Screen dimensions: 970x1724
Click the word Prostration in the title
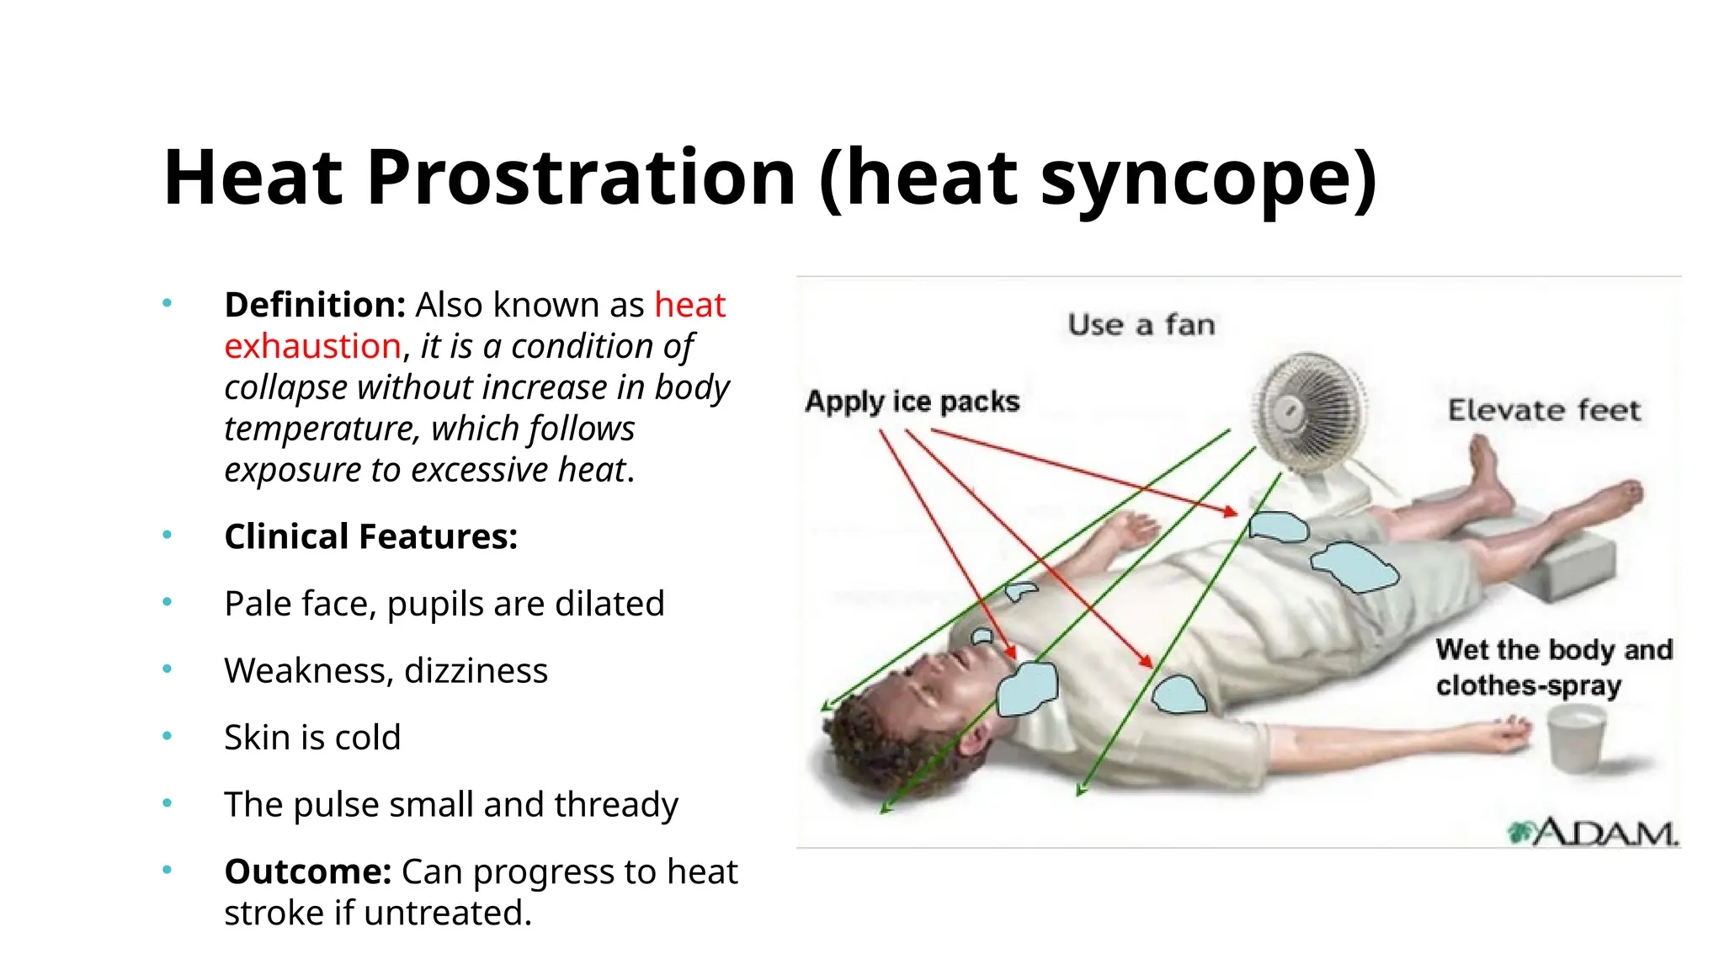click(x=581, y=178)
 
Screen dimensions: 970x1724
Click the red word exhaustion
click(x=312, y=346)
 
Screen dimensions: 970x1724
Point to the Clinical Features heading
click(x=370, y=536)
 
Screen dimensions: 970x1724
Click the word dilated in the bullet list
click(x=609, y=604)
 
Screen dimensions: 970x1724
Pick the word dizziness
click(x=476, y=670)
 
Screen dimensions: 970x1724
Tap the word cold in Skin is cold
click(x=367, y=737)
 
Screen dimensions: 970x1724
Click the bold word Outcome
click(x=307, y=871)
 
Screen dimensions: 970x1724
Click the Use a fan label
click(x=1141, y=325)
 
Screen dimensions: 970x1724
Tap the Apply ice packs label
click(x=912, y=402)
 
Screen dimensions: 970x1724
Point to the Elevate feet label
click(x=1544, y=410)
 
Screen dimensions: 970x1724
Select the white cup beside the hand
click(x=1576, y=737)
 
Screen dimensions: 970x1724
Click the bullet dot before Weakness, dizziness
click(x=168, y=669)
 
